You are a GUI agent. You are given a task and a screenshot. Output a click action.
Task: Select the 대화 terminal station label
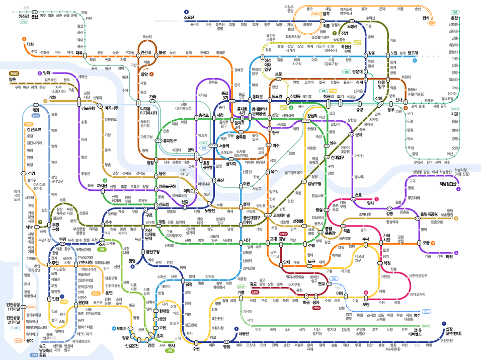tap(30, 44)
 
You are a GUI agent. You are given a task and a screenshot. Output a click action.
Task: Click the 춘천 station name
tap(455, 18)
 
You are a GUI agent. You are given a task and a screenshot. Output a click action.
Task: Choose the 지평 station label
tap(455, 114)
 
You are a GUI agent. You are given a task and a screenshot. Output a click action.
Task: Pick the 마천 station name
tap(449, 256)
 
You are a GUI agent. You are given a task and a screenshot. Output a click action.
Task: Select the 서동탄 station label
tap(244, 333)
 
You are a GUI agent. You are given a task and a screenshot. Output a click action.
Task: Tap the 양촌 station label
tap(13, 79)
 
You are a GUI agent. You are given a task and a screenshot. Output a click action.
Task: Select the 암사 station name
tap(370, 203)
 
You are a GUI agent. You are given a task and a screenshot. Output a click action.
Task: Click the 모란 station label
tap(366, 304)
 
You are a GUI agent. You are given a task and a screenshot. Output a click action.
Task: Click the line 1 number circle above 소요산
tap(186, 11)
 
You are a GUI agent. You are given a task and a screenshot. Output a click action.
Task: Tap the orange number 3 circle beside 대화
tap(24, 38)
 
